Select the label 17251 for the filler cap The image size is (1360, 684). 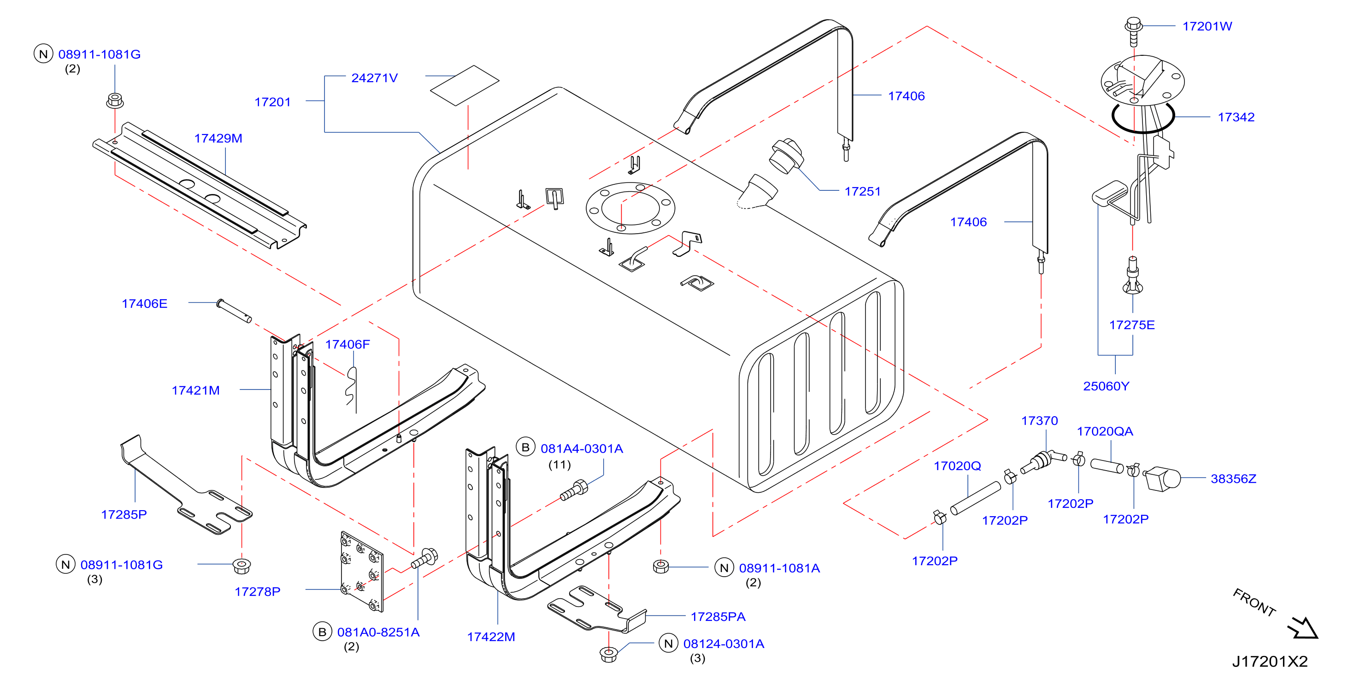click(x=863, y=191)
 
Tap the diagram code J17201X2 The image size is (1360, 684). click(x=1270, y=661)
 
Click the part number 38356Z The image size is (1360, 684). click(x=1233, y=478)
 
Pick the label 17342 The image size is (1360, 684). click(x=1236, y=117)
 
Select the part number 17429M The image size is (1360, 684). click(x=218, y=138)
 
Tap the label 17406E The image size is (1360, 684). click(x=144, y=303)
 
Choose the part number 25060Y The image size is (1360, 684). click(x=1106, y=386)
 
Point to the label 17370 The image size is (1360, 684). click(x=1040, y=420)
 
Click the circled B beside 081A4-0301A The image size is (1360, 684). click(x=525, y=448)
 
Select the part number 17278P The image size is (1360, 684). click(x=257, y=591)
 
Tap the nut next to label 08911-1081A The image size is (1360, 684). click(x=660, y=567)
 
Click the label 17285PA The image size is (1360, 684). click(x=718, y=616)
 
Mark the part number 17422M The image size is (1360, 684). click(x=491, y=637)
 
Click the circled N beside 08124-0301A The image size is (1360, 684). click(x=668, y=643)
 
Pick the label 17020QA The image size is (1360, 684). click(x=1105, y=431)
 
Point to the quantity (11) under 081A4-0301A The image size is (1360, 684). click(x=559, y=465)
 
